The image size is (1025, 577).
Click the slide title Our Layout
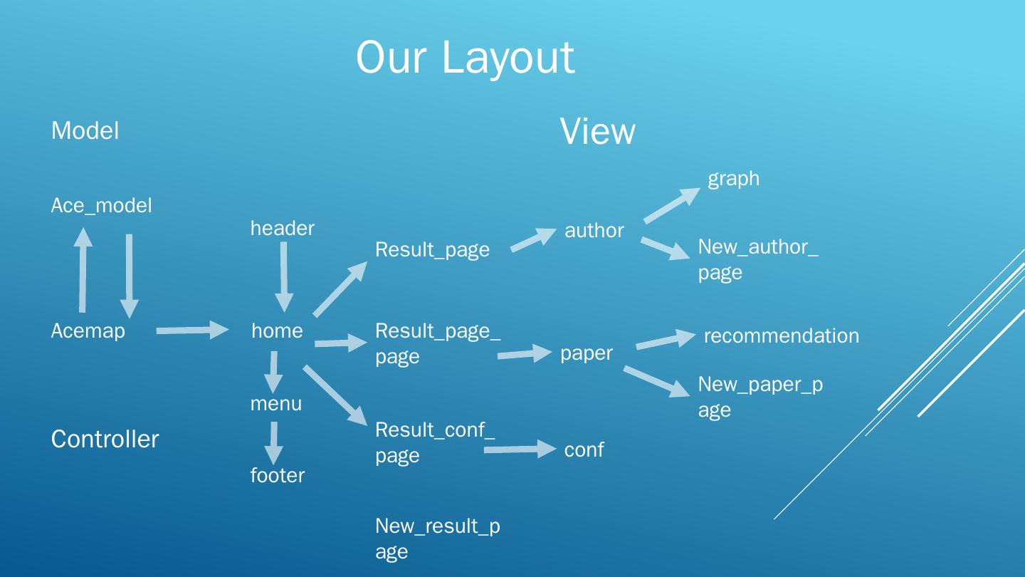[x=465, y=57]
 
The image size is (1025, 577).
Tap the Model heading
[x=85, y=130]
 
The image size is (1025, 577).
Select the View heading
[x=597, y=132]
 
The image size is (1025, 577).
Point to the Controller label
[x=105, y=439]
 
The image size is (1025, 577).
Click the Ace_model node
[x=101, y=205]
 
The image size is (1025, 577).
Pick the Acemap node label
[x=88, y=331]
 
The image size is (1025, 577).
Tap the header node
[x=282, y=228]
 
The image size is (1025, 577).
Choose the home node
[x=277, y=331]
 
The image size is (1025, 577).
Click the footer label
[x=277, y=475]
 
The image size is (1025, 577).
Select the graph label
[x=733, y=178]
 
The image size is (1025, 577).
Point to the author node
[x=594, y=230]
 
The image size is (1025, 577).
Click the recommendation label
[x=781, y=336]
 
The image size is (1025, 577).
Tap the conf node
[x=584, y=449]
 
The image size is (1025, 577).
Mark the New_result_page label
[x=437, y=538]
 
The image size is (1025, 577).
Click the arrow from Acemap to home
[x=192, y=330]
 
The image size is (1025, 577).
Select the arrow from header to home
[x=284, y=276]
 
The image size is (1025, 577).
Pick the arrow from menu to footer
[x=273, y=443]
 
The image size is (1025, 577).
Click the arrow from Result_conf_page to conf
[x=519, y=449]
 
